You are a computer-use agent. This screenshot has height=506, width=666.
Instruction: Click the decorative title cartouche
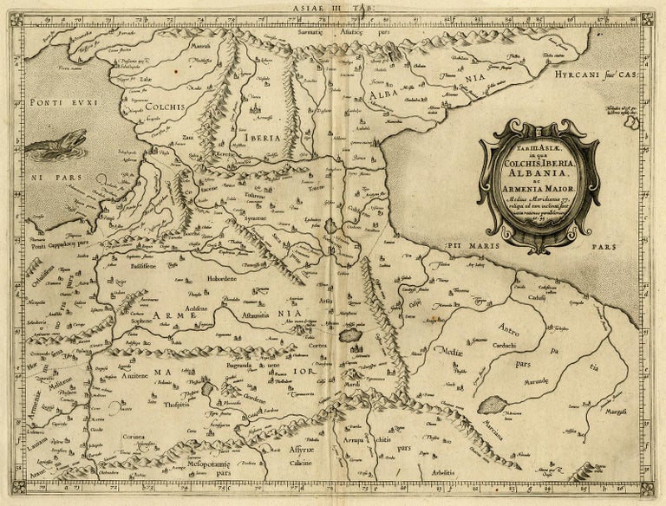(x=539, y=185)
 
